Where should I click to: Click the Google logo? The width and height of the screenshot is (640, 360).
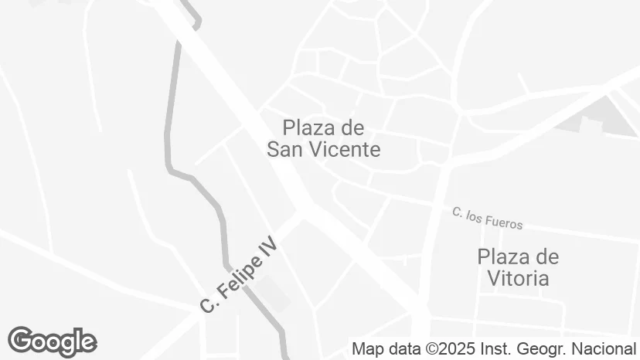coord(52,341)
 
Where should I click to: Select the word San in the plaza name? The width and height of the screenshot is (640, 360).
coord(285,150)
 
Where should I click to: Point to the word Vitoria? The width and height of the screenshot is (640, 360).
coord(518,278)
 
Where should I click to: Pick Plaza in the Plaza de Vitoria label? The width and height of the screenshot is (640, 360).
coord(505,256)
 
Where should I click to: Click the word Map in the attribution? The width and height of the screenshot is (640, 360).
coord(366,348)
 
